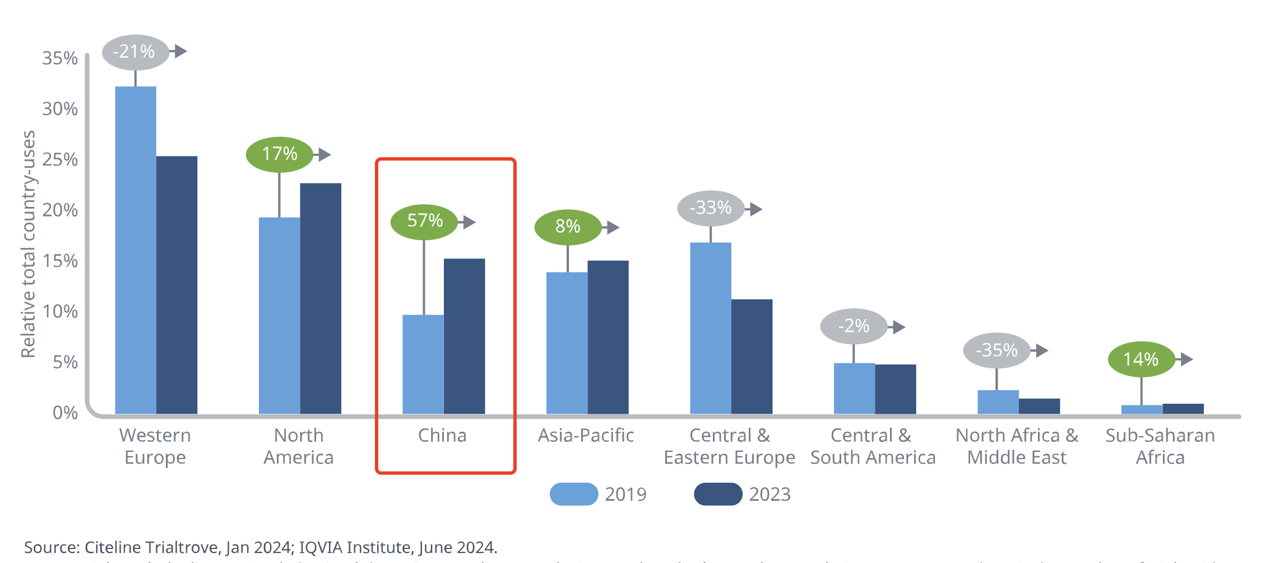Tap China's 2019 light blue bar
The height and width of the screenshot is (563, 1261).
point(423,364)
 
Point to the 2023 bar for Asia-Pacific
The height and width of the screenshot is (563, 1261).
point(608,337)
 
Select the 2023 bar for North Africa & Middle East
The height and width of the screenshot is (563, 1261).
point(1039,406)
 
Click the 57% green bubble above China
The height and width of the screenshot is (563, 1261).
point(424,221)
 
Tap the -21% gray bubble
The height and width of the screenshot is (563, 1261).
point(135,52)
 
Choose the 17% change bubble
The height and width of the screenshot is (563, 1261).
point(279,154)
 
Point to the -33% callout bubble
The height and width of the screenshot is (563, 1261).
point(710,209)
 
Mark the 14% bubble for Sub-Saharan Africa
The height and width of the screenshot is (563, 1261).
point(1141,359)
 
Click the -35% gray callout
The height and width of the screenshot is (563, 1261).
point(996,350)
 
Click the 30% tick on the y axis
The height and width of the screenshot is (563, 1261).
point(60,109)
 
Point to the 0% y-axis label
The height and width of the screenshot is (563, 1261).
point(65,413)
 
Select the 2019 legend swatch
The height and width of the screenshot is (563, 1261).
point(574,494)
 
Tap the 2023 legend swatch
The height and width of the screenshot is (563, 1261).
point(718,494)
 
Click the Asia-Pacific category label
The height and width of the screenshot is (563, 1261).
point(586,436)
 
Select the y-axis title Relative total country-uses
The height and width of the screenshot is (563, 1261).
point(28,244)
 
